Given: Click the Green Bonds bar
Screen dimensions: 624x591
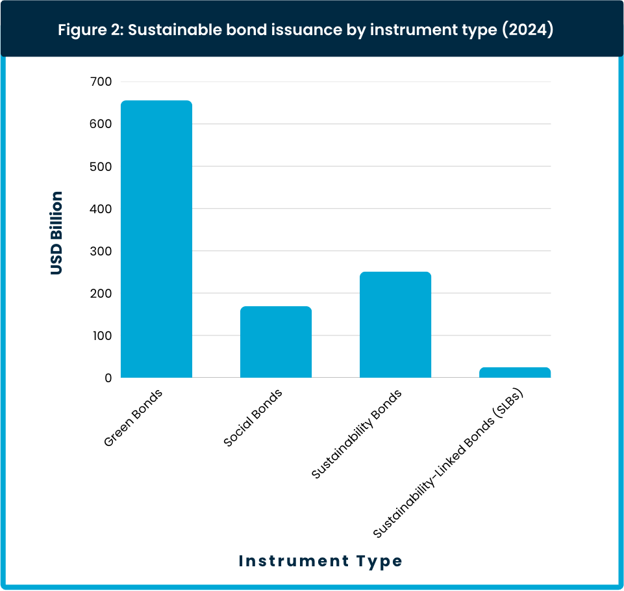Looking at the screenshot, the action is click(156, 239).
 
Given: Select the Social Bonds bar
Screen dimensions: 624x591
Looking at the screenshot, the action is click(276, 342).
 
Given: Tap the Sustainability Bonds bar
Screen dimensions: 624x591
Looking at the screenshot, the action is click(395, 325).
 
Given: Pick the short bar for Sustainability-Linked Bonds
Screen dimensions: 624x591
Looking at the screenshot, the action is click(514, 373).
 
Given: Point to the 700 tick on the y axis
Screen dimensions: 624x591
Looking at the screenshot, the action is click(101, 82).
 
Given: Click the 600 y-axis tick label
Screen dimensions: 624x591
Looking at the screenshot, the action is click(101, 124).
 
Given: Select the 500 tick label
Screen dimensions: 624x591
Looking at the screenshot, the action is click(101, 166).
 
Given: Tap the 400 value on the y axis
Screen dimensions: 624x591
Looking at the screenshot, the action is click(101, 209).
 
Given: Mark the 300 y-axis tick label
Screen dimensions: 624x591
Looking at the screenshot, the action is click(101, 251).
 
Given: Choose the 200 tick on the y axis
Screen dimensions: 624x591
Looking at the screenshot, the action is click(101, 293).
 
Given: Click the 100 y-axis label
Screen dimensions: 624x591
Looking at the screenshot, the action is click(102, 335).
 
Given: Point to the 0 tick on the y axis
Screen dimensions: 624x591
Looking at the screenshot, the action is click(108, 378).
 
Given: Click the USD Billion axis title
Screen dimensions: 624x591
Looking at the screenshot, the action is click(56, 233).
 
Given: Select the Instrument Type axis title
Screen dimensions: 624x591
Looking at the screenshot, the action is click(320, 561).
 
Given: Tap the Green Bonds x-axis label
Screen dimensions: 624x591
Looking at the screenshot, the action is click(133, 417).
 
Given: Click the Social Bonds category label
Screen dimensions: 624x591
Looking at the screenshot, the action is click(253, 417).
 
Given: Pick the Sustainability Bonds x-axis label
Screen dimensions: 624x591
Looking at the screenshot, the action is click(356, 434).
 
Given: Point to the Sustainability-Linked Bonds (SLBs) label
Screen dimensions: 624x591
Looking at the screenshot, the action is click(447, 463).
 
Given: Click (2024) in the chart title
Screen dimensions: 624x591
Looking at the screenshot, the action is click(528, 30).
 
